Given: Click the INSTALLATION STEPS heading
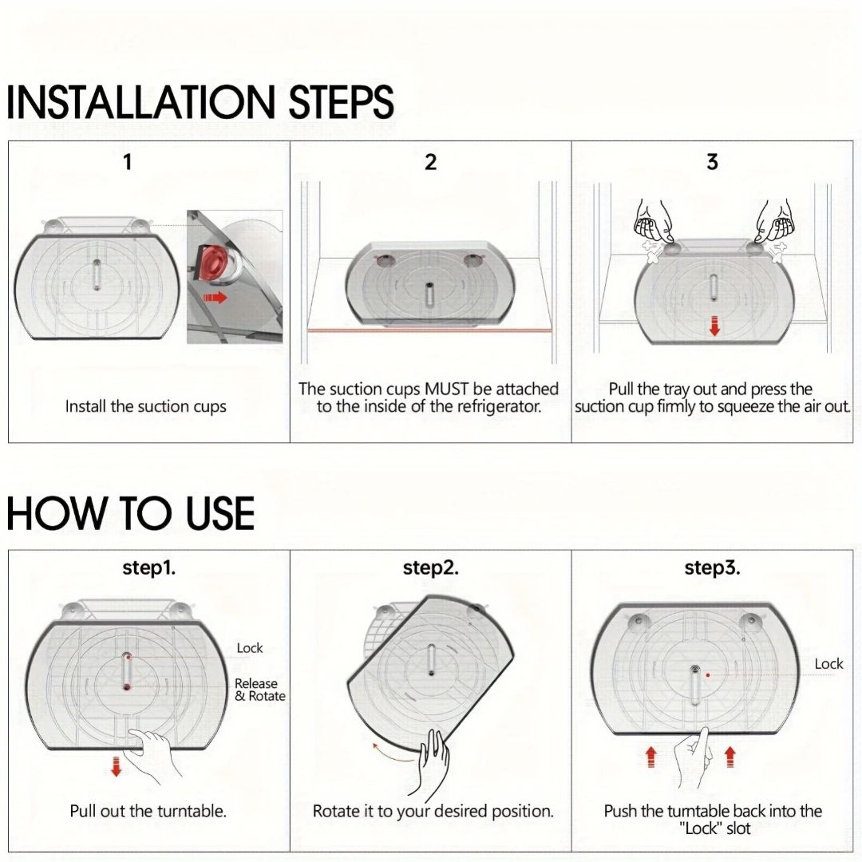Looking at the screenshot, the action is pos(200,101).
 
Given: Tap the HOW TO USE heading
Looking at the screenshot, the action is pos(130,512).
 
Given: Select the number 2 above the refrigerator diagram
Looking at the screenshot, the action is pos(430,162).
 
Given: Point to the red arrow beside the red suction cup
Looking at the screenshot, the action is pos(215,298).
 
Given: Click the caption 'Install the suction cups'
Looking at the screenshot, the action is pos(146,406).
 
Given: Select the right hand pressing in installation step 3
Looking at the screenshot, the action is pos(774,222).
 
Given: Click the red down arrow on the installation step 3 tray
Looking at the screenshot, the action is pos(714,326).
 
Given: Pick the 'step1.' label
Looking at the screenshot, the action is pos(149,567).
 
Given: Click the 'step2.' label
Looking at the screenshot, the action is pos(430,567).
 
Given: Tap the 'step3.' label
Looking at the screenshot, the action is pos(712,567).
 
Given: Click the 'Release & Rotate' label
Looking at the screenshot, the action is pos(260,690).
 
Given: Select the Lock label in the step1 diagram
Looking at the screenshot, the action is pos(250,648).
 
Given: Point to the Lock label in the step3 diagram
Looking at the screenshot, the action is pos(828,664).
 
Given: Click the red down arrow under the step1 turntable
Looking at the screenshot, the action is pos(116,766).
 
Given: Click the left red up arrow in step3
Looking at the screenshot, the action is pos(651,757).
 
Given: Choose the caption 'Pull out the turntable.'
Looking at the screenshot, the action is pos(148,811).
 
